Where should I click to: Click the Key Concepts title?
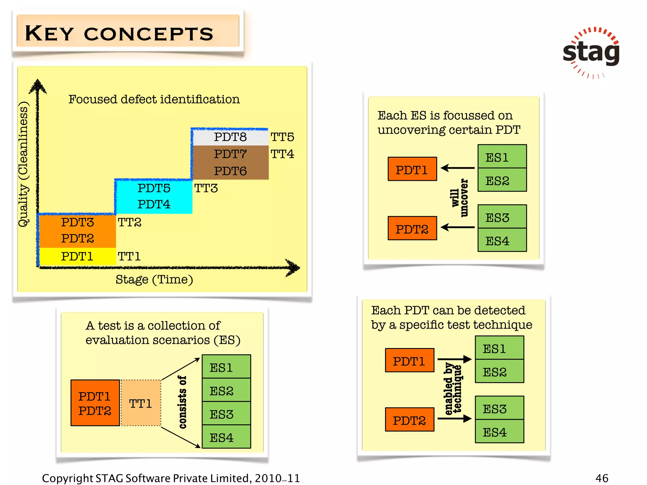119,33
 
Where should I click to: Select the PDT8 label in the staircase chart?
230,137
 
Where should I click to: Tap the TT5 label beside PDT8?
282,137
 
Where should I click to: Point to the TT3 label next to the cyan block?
206,188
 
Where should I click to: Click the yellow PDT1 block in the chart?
77,256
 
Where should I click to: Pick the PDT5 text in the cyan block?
154,188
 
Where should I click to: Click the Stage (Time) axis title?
154,279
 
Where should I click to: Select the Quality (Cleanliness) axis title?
23,164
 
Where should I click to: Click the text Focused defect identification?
154,99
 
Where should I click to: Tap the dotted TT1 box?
141,403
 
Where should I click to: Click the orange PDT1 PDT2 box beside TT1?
95,403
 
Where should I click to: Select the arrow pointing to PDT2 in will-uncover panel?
457,227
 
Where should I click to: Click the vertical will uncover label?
460,198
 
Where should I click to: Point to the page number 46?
602,478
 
